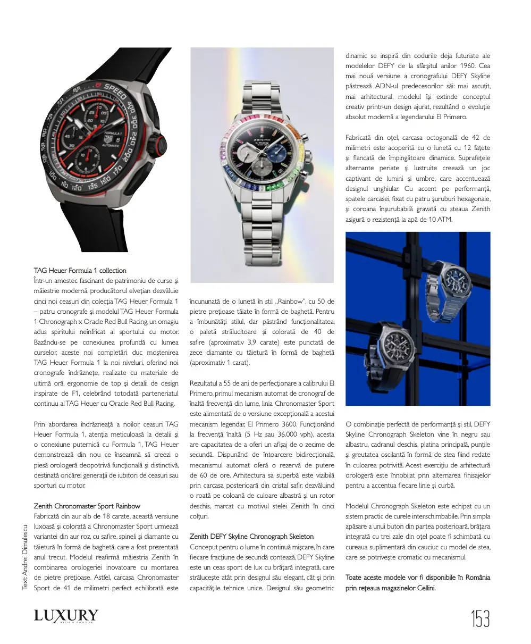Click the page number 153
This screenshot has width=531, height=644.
[480, 619]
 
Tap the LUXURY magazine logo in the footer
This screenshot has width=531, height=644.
[66, 616]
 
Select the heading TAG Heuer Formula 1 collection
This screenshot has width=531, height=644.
[80, 270]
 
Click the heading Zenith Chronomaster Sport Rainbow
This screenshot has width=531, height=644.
[87, 506]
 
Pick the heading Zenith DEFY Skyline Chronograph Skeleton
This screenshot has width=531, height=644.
[251, 536]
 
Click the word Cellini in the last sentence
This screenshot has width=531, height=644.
[423, 588]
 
